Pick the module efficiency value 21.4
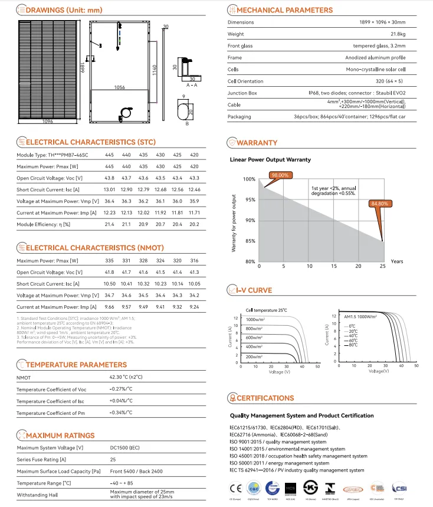tap(110, 225)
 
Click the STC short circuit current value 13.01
tap(109, 189)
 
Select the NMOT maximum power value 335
tap(110, 260)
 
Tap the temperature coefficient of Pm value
tap(121, 413)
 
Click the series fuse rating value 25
tap(113, 459)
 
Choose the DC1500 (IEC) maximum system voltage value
tap(124, 447)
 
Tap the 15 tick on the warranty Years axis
tap(333, 267)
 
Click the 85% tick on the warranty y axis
tap(250, 241)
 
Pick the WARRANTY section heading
tap(257, 143)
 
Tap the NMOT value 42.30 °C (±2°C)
tap(127, 377)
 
